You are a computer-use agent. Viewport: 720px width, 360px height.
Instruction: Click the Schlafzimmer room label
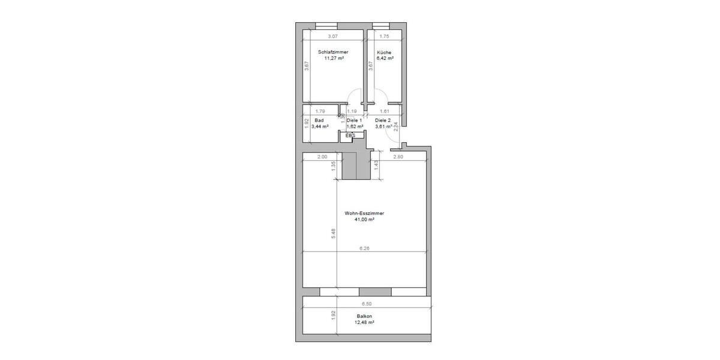click(333, 52)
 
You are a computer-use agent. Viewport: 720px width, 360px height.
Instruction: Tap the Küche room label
click(384, 52)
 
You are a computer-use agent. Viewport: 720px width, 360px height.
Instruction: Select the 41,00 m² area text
click(364, 220)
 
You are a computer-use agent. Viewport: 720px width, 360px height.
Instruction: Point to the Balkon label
click(364, 316)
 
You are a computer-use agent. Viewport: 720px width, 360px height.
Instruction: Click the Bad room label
click(319, 120)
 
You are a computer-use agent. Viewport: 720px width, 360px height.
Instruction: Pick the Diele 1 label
click(355, 120)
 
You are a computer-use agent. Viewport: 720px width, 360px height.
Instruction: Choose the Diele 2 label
click(383, 120)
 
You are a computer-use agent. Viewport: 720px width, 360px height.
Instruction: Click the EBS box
click(350, 136)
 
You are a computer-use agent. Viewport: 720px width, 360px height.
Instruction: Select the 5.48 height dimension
click(333, 233)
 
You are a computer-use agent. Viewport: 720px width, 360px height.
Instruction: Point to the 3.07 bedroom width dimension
click(333, 37)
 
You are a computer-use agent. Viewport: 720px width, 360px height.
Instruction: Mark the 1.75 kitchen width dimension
click(384, 37)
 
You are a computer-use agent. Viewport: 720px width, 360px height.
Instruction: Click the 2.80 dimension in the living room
click(398, 157)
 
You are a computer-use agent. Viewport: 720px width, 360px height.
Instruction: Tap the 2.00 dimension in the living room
click(322, 157)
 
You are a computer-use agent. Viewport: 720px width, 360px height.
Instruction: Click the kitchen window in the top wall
click(380, 25)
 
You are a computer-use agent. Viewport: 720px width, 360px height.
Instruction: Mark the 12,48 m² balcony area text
click(364, 323)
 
